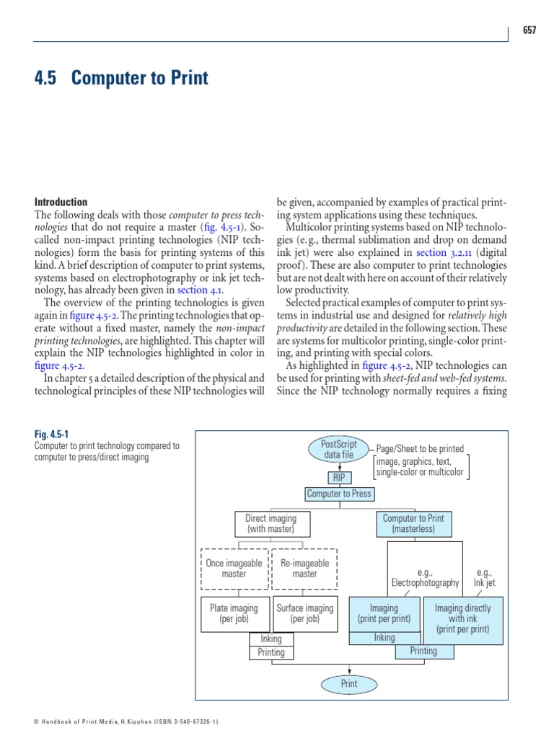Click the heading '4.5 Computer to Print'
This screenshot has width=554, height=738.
tap(121, 78)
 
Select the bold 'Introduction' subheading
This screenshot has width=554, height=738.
tap(61, 203)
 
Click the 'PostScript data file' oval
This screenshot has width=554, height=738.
tap(339, 449)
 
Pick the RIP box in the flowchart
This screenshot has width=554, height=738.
tap(339, 478)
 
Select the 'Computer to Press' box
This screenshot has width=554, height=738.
tap(339, 494)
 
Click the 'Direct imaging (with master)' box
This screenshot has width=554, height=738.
tap(271, 524)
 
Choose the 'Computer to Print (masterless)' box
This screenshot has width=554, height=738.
tap(413, 524)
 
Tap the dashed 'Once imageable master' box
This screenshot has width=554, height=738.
tap(234, 569)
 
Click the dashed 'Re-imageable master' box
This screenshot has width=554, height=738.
tap(304, 569)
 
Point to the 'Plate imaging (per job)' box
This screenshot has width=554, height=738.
tap(234, 613)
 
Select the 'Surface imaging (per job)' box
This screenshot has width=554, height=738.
tap(305, 613)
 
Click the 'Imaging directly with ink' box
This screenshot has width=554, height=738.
tap(462, 619)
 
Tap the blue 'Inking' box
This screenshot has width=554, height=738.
tap(384, 638)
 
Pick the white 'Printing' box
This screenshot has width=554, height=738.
tap(271, 653)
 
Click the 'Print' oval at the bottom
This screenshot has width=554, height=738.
tap(349, 684)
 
